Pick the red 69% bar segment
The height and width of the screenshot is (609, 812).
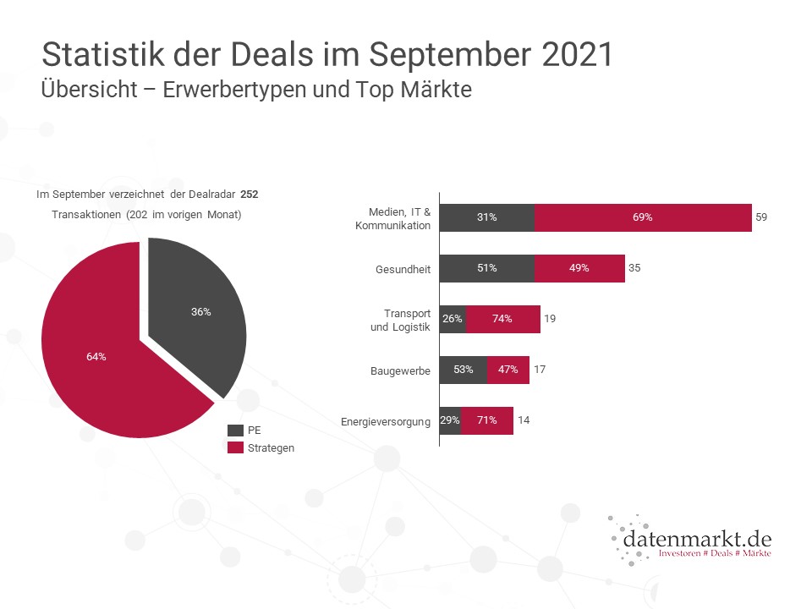pos(643,217)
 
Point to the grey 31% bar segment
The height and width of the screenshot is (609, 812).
pos(486,217)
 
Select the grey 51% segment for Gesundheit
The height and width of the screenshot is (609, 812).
pos(486,268)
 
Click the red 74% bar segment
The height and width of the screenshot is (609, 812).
pos(503,319)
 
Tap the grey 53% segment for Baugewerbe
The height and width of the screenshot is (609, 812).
pos(463,370)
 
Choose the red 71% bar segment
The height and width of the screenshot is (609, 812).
pos(487,420)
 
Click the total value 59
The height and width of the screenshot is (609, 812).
pos(761,217)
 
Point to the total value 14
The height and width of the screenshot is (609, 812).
pos(524,420)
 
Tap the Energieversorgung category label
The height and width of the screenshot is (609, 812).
pos(387,421)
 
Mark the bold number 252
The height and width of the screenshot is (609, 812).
pos(249,195)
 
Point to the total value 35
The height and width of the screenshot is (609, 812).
pos(634,268)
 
